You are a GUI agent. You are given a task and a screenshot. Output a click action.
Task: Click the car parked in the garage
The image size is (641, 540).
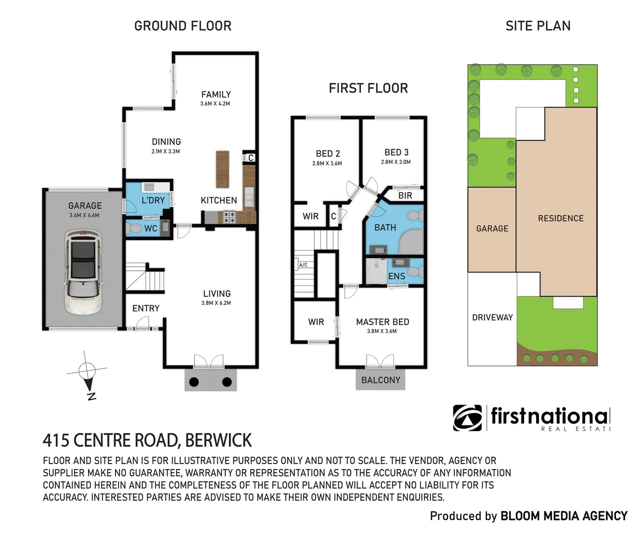point(83,272)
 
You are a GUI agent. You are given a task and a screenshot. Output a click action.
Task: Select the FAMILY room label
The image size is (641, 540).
point(216,94)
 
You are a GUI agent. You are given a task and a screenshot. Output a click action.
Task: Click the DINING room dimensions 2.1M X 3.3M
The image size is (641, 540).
point(165,151)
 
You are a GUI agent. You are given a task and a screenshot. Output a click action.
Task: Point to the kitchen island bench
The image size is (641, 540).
point(222,169)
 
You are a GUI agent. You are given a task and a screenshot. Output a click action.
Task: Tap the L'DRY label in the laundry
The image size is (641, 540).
point(153,200)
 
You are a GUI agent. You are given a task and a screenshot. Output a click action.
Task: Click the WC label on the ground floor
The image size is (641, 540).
point(150,228)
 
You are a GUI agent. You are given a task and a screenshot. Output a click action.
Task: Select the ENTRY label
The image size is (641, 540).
point(145,308)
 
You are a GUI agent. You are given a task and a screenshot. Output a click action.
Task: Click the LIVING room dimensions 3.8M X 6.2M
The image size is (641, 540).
point(216,303)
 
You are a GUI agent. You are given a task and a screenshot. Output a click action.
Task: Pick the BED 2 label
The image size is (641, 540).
point(327,153)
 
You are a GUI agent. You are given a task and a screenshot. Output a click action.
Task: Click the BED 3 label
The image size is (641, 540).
point(396,152)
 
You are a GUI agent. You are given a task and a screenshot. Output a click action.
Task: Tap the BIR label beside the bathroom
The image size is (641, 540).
point(405,195)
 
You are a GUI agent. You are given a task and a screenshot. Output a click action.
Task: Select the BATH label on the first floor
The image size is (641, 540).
point(385,227)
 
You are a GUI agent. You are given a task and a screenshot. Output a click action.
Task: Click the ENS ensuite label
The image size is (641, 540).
point(396,276)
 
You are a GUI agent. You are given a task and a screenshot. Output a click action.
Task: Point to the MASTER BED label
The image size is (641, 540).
point(382,322)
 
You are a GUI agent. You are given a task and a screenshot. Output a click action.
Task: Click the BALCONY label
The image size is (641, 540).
point(380,380)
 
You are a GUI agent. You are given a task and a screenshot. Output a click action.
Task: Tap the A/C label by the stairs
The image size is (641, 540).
point(303,265)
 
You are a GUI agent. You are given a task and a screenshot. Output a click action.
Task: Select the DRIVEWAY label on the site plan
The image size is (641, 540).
point(492,317)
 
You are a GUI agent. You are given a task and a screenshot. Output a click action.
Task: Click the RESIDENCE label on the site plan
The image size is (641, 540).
point(560,218)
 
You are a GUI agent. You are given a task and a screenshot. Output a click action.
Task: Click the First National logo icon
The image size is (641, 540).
point(467,417)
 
